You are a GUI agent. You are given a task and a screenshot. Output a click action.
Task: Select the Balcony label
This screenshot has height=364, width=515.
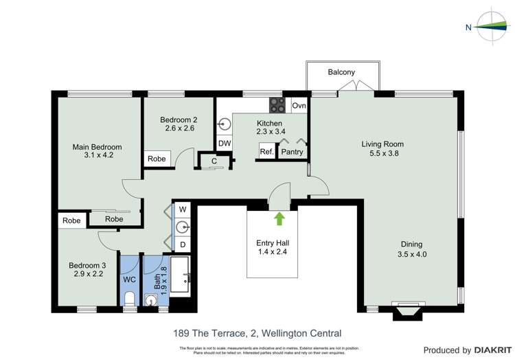(341, 72)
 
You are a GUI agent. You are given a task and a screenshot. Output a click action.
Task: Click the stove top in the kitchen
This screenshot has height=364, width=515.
(277, 105)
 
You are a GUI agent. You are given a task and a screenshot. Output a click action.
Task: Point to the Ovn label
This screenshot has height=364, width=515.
(299, 106)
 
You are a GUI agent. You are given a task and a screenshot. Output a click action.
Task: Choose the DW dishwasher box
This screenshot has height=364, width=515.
(225, 143)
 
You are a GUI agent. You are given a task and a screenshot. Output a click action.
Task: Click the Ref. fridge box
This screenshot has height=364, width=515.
(266, 152)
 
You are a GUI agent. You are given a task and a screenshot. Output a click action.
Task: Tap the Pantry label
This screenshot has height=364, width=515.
(292, 152)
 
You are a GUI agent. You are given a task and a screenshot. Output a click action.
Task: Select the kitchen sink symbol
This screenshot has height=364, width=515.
(225, 124)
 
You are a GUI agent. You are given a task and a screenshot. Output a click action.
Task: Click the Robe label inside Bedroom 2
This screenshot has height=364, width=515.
(157, 159)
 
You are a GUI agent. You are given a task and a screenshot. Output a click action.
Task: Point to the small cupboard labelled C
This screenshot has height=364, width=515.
(214, 161)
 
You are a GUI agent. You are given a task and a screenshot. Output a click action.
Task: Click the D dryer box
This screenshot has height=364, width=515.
(183, 244)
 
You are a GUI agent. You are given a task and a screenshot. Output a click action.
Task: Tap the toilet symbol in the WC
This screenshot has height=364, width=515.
(130, 298)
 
